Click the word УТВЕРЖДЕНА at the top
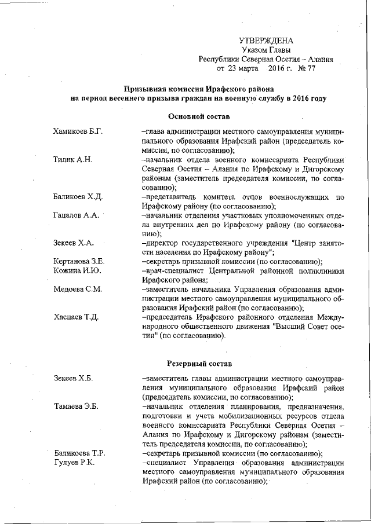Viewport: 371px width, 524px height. [266, 41]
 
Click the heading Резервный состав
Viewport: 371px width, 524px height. [199, 364]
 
